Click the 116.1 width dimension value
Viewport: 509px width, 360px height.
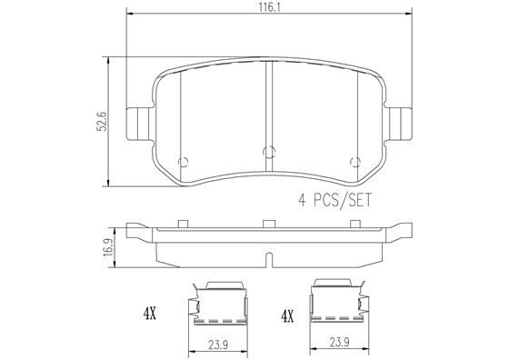tap(269, 7)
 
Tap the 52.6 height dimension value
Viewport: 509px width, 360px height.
tap(102, 122)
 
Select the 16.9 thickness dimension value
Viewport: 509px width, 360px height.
tap(109, 247)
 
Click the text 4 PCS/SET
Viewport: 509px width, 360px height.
tap(334, 200)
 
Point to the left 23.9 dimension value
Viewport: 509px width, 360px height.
tap(217, 345)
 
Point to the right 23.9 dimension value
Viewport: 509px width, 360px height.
tap(340, 343)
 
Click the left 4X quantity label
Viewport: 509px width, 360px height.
tap(150, 314)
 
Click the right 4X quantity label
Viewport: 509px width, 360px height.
tap(287, 316)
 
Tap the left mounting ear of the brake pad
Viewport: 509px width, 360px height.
tap(138, 124)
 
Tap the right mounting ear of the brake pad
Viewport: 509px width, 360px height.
tap(399, 124)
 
